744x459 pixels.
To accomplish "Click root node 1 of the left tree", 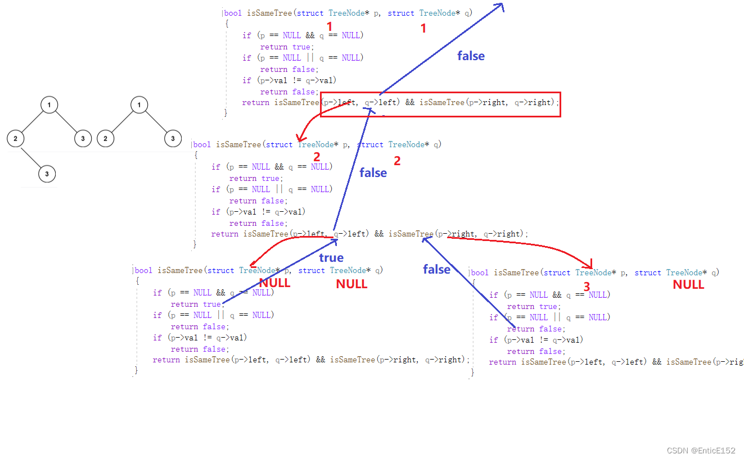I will [49, 105].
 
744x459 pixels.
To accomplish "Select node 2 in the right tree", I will [105, 138].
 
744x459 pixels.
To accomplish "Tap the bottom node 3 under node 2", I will [47, 174].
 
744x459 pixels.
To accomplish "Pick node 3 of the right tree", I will [173, 138].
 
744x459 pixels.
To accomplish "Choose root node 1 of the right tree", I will [139, 105].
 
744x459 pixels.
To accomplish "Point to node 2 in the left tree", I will [16, 138].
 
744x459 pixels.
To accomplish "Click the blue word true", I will [331, 258].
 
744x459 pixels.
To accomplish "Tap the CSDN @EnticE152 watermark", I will [701, 451].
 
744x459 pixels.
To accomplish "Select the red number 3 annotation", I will [587, 287].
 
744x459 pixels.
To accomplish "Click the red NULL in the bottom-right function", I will [688, 285].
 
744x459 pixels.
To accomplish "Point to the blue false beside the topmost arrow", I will [471, 56].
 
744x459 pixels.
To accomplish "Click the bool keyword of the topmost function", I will [233, 13].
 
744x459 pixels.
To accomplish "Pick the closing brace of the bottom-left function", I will [136, 370].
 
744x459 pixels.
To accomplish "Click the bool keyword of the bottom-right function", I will [480, 272].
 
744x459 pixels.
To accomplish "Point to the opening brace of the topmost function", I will [227, 24].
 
